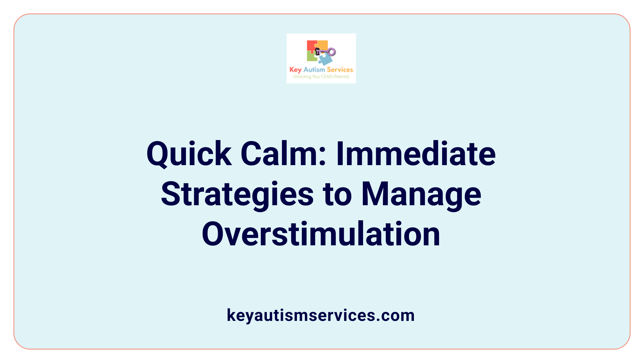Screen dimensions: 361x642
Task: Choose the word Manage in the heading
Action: click(x=421, y=195)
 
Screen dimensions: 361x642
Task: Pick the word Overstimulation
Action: click(x=321, y=234)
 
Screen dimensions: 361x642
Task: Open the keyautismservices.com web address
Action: click(x=321, y=315)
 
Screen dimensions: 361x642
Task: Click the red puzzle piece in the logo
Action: click(x=311, y=46)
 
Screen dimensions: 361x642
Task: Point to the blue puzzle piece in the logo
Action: click(x=325, y=59)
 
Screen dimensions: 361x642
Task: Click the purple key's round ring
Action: click(x=332, y=52)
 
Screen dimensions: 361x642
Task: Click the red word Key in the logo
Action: click(x=296, y=70)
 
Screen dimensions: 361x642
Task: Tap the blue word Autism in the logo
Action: click(x=314, y=70)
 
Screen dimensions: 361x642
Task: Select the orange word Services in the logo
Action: click(x=340, y=70)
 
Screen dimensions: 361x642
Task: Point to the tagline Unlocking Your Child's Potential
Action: click(x=321, y=77)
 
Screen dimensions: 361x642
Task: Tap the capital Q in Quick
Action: click(x=157, y=154)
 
